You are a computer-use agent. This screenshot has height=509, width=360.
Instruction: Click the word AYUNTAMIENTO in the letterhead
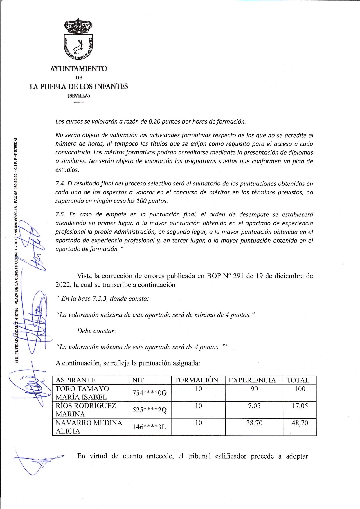pyautogui.click(x=79, y=69)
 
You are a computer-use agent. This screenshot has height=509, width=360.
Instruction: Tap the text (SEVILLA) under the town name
pyautogui.click(x=79, y=95)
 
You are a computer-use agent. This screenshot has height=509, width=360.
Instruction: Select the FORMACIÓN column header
pyautogui.click(x=197, y=380)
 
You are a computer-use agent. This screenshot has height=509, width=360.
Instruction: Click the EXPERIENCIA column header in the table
pyautogui.click(x=252, y=380)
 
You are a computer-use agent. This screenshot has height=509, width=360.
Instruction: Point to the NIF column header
pyautogui.click(x=138, y=380)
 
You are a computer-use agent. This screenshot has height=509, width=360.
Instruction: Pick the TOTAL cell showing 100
pyautogui.click(x=300, y=389)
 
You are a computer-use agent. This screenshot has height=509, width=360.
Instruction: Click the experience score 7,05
pyautogui.click(x=254, y=406)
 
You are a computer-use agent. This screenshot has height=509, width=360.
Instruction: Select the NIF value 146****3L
pyautogui.click(x=150, y=427)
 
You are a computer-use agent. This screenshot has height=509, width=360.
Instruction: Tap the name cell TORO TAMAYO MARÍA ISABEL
pyautogui.click(x=82, y=393)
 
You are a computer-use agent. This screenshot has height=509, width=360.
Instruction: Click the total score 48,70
pyautogui.click(x=300, y=423)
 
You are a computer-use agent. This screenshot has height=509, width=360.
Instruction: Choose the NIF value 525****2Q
pyautogui.click(x=150, y=410)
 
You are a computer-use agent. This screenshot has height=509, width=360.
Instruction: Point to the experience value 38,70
pyautogui.click(x=254, y=423)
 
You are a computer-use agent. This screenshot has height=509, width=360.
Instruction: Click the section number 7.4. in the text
pyautogui.click(x=60, y=184)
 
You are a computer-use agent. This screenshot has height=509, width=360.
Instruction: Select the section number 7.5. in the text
pyautogui.click(x=60, y=214)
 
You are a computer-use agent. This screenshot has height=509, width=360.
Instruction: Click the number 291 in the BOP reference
pyautogui.click(x=237, y=276)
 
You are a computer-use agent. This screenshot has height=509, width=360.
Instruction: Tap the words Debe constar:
pyautogui.click(x=97, y=331)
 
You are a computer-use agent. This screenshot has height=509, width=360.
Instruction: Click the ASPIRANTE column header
pyautogui.click(x=75, y=380)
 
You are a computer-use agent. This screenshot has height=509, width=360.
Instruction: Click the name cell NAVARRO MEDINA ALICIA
pyautogui.click(x=89, y=427)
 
